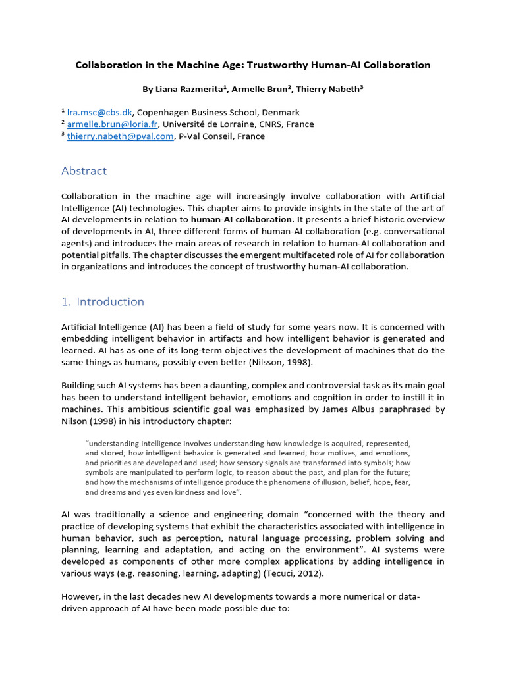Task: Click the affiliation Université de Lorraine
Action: click(x=204, y=124)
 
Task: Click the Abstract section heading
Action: click(x=84, y=171)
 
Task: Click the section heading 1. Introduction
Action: click(x=102, y=302)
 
